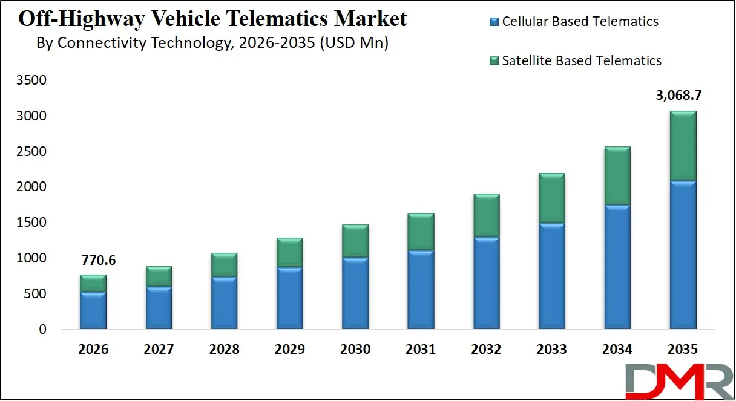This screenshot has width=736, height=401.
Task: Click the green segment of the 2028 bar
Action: click(x=224, y=265)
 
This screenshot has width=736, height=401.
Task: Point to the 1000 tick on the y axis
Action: click(x=30, y=259)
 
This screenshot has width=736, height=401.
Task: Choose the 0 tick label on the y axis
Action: click(x=42, y=330)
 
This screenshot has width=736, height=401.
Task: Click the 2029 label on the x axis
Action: click(x=289, y=350)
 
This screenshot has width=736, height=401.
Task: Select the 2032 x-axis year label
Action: click(x=486, y=350)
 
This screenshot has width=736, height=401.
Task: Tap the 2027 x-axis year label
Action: click(x=159, y=350)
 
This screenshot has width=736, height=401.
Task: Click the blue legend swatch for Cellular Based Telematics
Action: click(x=494, y=22)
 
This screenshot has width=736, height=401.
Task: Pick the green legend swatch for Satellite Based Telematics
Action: click(x=494, y=60)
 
